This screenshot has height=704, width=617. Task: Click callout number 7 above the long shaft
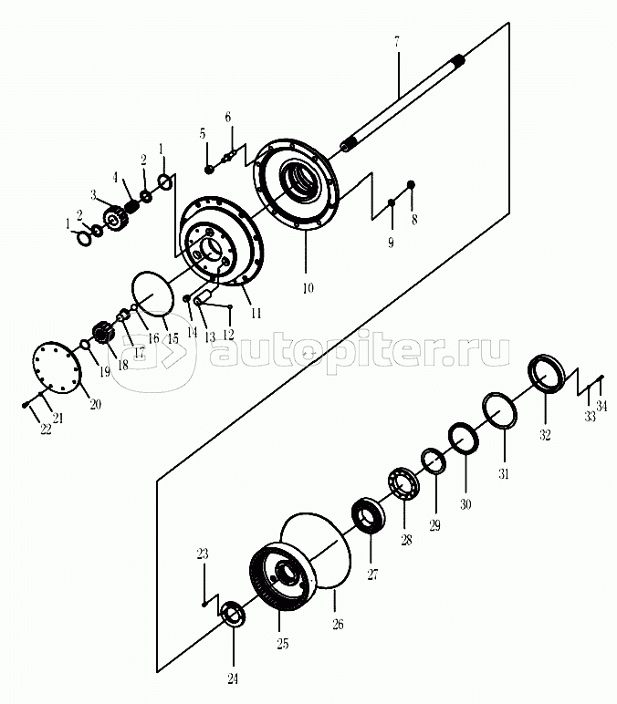coord(396,42)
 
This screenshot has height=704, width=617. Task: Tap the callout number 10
coord(308,288)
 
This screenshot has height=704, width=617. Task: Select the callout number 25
coord(282,644)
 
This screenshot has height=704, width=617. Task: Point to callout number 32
coord(545,435)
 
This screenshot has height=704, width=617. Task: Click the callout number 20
coord(95,404)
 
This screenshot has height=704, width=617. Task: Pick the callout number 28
coord(406,540)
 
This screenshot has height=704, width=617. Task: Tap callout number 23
coord(203,554)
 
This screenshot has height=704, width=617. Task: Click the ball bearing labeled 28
coord(403,483)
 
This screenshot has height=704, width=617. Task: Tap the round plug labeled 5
coord(208,171)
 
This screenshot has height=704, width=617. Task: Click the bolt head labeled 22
coord(25,405)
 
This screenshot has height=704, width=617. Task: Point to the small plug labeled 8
coord(411,184)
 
